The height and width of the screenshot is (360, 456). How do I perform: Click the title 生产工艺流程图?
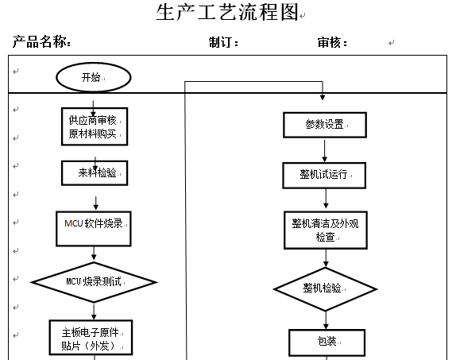point(228,12)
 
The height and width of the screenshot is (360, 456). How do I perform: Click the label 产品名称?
point(41,41)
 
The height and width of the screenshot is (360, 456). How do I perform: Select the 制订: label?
point(223,42)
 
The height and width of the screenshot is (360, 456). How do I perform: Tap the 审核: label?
point(332,42)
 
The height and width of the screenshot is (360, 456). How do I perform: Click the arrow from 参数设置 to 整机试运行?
point(325,151)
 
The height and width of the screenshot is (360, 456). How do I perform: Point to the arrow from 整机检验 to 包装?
point(326,320)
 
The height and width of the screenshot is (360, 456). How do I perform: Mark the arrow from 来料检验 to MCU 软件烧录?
point(95,203)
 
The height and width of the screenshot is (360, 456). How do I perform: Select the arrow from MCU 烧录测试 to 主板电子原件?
point(94,311)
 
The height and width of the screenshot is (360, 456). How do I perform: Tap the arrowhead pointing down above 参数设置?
point(323,97)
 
